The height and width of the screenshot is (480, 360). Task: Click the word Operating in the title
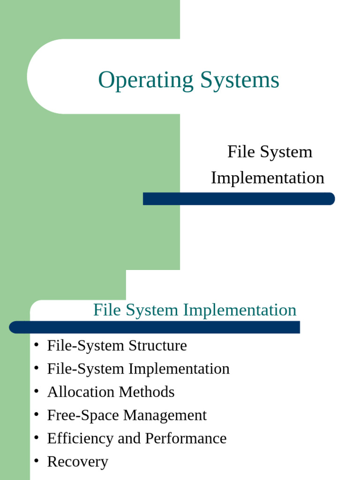tap(145, 81)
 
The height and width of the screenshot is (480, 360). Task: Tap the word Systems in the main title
tap(240, 80)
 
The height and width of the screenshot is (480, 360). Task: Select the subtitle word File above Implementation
tap(238, 152)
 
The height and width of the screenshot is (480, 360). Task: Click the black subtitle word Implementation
tap(267, 178)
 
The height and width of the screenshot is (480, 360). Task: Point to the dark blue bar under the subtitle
tap(239, 199)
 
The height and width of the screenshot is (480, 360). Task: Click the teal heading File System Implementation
tap(195, 310)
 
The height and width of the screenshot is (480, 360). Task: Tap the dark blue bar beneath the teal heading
tap(154, 327)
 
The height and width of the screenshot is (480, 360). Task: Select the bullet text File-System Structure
tap(117, 346)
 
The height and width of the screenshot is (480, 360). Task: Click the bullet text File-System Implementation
tap(138, 369)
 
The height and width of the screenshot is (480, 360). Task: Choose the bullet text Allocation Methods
tap(111, 392)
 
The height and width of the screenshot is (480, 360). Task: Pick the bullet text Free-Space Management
tap(127, 415)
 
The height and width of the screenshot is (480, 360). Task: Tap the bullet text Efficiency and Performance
tap(136, 438)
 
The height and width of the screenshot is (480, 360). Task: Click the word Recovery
tap(77, 462)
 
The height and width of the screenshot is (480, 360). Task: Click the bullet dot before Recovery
tap(36, 461)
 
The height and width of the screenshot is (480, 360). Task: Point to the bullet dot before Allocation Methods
tap(36, 391)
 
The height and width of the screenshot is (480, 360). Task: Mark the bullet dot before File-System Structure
tap(36, 345)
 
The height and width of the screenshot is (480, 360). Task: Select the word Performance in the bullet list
tap(186, 438)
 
